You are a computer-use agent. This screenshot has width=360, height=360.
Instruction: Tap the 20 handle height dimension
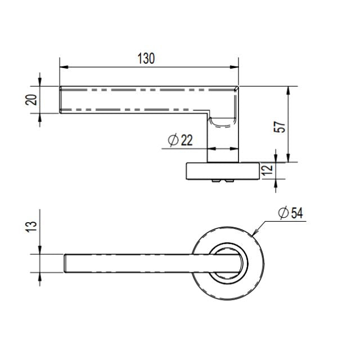[32, 100]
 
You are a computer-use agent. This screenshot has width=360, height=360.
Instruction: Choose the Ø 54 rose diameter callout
[290, 213]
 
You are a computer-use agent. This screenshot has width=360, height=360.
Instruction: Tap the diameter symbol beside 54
[283, 213]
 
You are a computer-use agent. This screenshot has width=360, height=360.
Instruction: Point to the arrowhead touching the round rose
[255, 232]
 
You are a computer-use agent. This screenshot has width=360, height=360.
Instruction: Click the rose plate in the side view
[223, 170]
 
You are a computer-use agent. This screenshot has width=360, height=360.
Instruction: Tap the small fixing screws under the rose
[222, 181]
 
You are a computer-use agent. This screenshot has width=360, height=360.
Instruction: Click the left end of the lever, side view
[61, 100]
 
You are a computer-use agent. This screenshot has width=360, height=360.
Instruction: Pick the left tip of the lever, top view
[65, 264]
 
